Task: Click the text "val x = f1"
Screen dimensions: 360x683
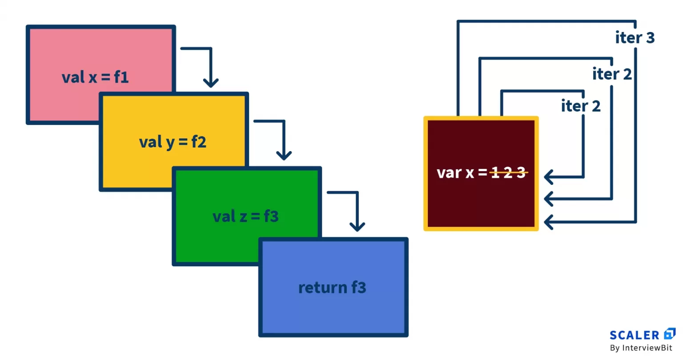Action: click(x=95, y=77)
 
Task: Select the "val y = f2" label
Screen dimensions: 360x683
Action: click(x=173, y=142)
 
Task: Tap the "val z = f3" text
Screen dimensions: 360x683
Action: click(x=245, y=216)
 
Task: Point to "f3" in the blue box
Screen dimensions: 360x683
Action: click(x=359, y=288)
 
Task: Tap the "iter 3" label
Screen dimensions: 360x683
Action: click(x=635, y=38)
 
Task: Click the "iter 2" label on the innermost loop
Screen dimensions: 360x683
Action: click(x=581, y=106)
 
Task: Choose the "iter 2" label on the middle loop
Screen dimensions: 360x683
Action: click(x=612, y=74)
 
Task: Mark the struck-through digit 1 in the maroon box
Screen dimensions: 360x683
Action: click(x=495, y=172)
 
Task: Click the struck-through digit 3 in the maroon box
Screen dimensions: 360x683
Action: click(x=521, y=172)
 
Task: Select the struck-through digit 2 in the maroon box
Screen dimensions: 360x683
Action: click(x=508, y=172)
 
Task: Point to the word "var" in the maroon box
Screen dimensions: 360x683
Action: click(x=449, y=172)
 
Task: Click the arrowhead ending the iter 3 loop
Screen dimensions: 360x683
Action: click(x=548, y=221)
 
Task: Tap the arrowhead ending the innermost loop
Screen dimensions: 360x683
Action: click(x=548, y=177)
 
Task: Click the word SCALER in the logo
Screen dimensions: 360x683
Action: click(x=634, y=335)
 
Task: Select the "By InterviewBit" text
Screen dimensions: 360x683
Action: click(x=641, y=348)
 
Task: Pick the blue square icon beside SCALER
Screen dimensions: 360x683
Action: click(x=669, y=333)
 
